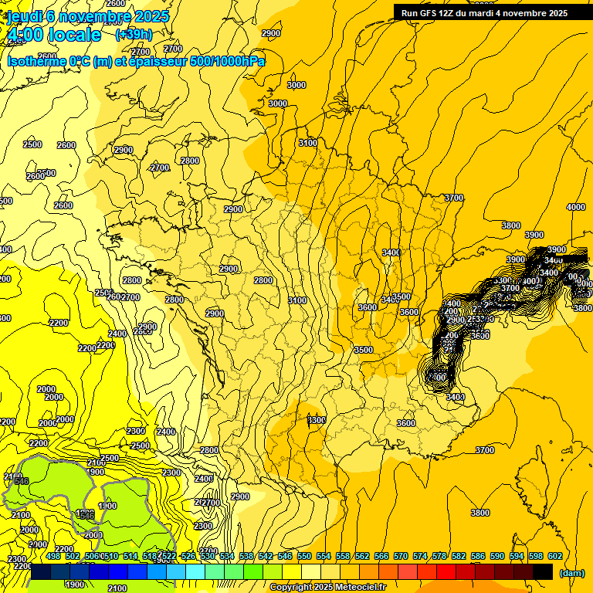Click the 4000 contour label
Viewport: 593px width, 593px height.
[x=575, y=207]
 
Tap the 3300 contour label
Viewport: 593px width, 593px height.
[x=316, y=420]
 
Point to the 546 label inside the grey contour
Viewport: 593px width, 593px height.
[x=21, y=481]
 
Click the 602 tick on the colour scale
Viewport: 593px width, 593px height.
[x=555, y=556]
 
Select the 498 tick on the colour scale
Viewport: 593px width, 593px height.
[x=53, y=556]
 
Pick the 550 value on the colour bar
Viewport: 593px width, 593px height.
[x=304, y=556]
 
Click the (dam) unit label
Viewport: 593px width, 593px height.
[x=571, y=572]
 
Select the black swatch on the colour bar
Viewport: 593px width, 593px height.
[x=543, y=571]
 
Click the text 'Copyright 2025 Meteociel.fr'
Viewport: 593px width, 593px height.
[x=328, y=587]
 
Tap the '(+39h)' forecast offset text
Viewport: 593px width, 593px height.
[x=134, y=34]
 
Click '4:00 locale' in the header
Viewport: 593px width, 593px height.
[x=54, y=35]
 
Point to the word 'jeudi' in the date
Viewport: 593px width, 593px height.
[x=25, y=16]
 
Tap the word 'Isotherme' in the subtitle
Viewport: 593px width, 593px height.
[x=36, y=61]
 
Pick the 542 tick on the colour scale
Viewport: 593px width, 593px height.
[x=266, y=556]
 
